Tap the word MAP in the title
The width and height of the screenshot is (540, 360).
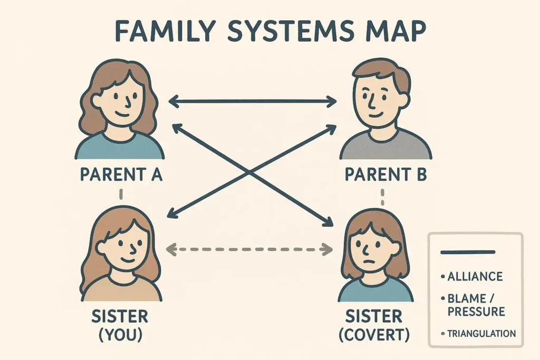point(393,32)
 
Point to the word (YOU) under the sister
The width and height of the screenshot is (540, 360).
point(120,335)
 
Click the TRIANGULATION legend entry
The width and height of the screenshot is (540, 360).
point(480,333)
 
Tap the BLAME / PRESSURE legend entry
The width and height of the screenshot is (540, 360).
point(476,305)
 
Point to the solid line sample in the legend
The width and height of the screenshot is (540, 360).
point(467,252)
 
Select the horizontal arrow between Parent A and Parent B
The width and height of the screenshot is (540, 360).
point(252,100)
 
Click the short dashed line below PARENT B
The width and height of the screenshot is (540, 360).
point(382,198)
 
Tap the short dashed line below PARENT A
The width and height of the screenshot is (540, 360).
point(121,194)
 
